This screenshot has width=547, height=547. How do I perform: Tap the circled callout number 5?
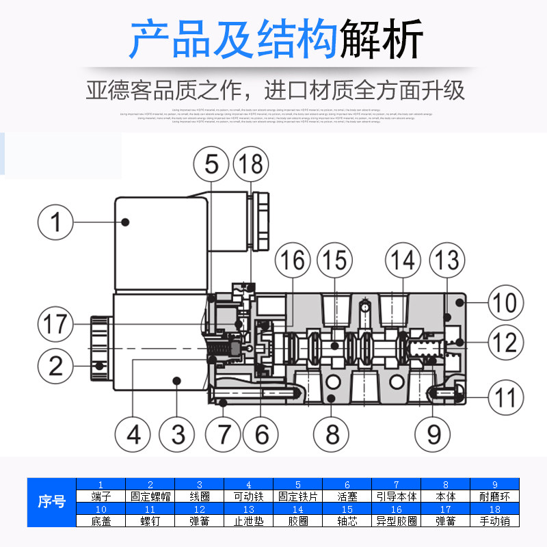[210, 165]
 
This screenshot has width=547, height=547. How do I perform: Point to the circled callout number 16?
[293, 261]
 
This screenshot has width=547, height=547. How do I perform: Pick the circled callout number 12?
[505, 342]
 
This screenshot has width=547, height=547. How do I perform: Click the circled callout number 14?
[403, 261]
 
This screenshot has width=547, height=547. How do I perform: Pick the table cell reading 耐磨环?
[495, 497]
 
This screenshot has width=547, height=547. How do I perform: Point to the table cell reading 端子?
[101, 497]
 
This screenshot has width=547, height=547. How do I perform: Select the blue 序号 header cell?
[51, 503]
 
